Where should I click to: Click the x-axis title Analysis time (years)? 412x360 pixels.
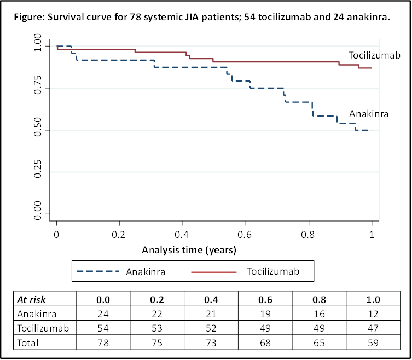pyautogui.click(x=189, y=251)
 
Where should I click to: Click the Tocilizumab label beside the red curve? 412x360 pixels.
pyautogui.click(x=375, y=55)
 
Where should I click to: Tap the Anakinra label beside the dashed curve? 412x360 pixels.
pyautogui.click(x=369, y=114)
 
